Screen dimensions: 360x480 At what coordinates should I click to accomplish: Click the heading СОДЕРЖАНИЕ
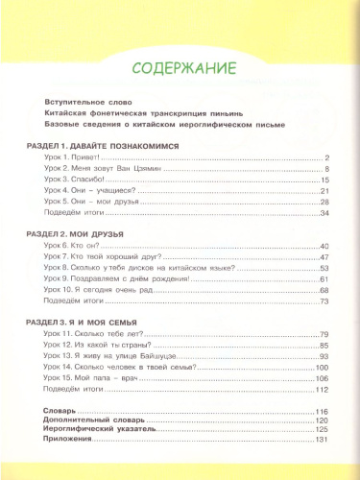point(180,68)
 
